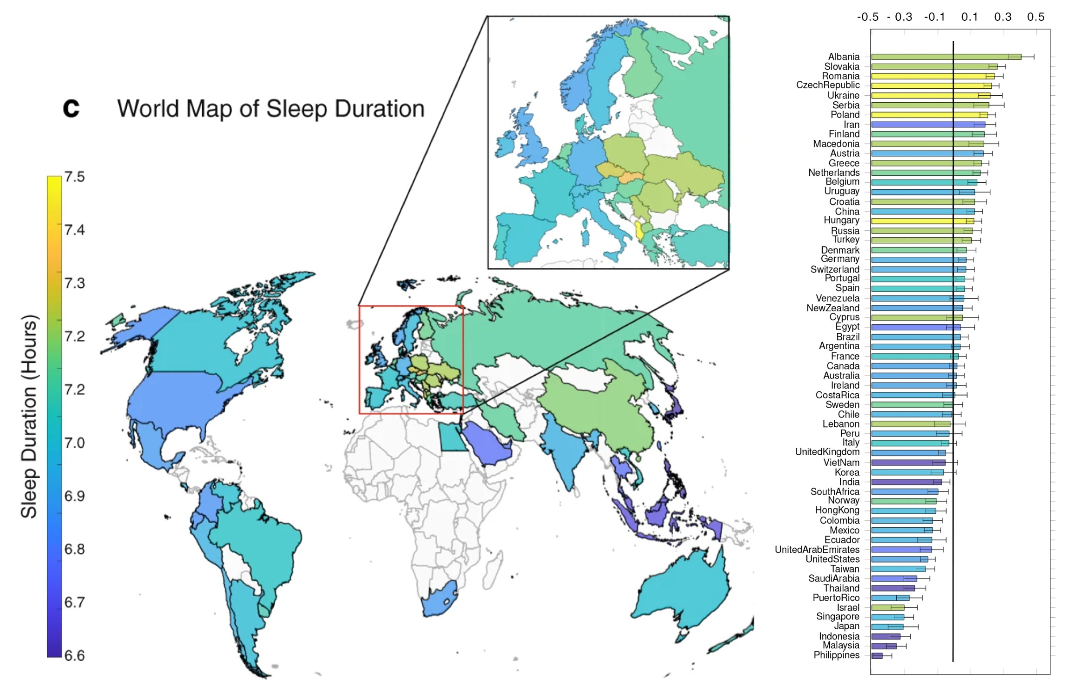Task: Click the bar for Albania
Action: pos(946,57)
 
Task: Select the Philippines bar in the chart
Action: pos(877,656)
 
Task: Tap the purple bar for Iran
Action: pos(927,124)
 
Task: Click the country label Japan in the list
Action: pos(846,626)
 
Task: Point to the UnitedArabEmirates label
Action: pos(817,550)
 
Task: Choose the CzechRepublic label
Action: pos(827,85)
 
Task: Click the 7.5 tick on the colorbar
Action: pos(74,177)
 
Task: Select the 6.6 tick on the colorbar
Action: pos(74,656)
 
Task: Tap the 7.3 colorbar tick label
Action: pos(74,283)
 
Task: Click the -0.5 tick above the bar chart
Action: pos(868,17)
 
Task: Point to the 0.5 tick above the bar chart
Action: pos(1035,17)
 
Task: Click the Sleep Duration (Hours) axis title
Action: pos(29,416)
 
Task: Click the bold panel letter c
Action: pos(71,108)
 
